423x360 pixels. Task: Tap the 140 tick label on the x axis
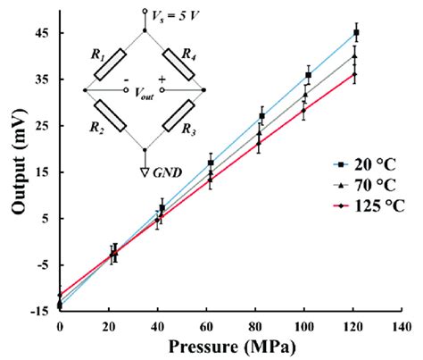pos(405,327)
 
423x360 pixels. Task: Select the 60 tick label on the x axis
pos(207,327)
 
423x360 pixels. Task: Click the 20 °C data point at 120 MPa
pos(356,33)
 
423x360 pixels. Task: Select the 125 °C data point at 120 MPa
pos(354,74)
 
